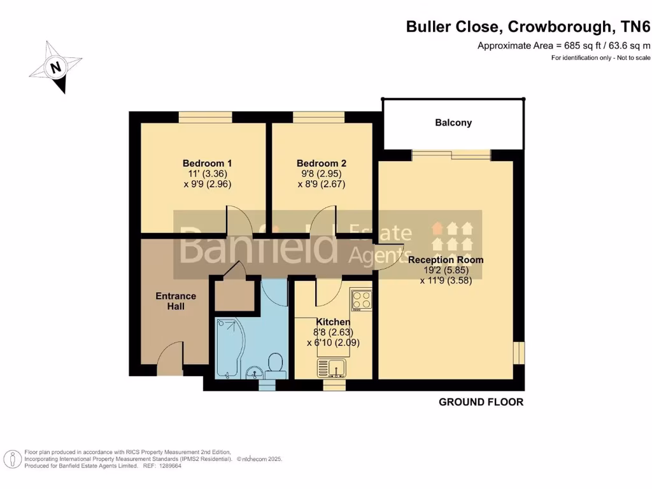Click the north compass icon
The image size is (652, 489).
57,66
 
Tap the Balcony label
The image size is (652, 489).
453,122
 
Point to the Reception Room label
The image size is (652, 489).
446,260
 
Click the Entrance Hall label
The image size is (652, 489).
176,301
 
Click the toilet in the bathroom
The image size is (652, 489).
276,364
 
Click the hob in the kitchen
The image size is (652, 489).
361,300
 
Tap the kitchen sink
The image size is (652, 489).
332,367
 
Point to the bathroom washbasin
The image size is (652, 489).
253,372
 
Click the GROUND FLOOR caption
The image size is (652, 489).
481,402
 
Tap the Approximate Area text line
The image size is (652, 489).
563,45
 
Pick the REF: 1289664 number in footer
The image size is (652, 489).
161,465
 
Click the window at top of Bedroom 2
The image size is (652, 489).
318,116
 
